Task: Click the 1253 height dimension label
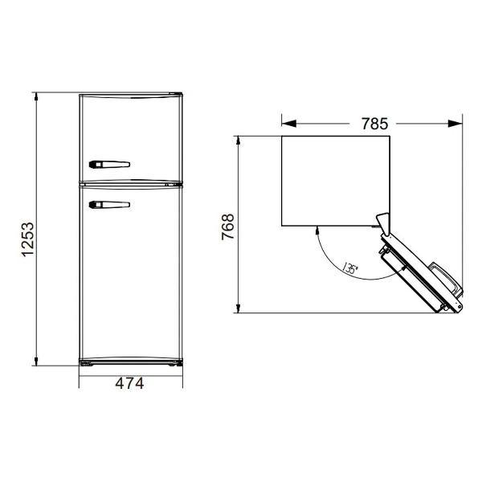[x=27, y=239]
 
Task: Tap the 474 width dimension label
[x=129, y=383]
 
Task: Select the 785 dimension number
[x=374, y=124]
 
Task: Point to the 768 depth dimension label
[x=228, y=227]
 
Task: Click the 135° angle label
[x=350, y=268]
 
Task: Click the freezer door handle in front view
[x=109, y=165]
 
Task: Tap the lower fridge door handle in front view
[x=109, y=204]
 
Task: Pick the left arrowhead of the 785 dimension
[x=288, y=124]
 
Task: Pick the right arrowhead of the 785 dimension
[x=455, y=124]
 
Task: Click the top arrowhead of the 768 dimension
[x=239, y=141]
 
